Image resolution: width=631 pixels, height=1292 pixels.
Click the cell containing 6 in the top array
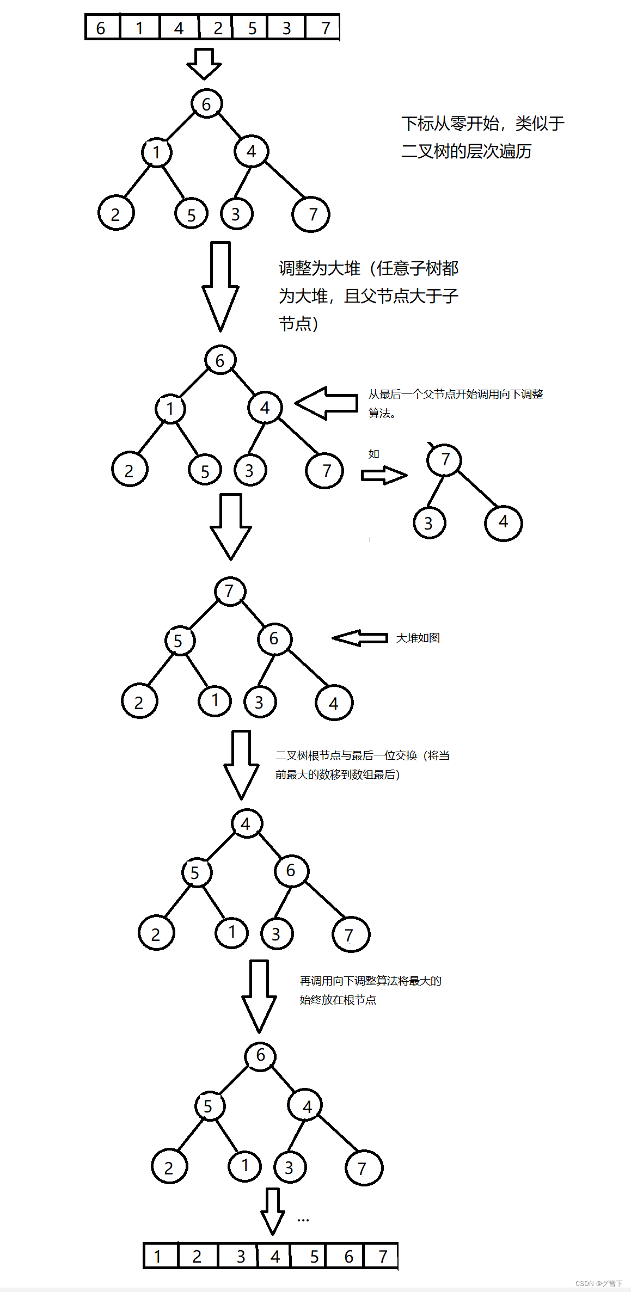click(102, 28)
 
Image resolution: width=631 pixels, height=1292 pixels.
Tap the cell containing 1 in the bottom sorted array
click(160, 1256)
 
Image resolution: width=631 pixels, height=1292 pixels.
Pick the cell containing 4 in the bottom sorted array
click(275, 1256)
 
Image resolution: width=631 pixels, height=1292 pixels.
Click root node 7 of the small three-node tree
click(445, 460)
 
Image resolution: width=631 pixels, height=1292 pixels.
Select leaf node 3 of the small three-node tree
click(429, 523)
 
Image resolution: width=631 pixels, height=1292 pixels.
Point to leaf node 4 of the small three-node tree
click(503, 522)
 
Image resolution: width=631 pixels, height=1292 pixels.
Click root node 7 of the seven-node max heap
click(230, 592)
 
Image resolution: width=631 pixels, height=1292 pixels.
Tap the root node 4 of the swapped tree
click(246, 824)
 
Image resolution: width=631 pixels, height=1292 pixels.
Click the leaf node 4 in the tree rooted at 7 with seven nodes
click(334, 703)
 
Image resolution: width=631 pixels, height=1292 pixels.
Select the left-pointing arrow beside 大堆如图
click(359, 638)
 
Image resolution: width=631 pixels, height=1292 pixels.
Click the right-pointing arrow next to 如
click(384, 475)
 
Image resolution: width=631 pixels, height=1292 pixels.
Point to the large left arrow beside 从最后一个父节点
click(327, 403)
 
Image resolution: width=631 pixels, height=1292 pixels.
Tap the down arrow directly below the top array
click(204, 63)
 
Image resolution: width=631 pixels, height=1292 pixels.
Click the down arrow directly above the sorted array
click(272, 1210)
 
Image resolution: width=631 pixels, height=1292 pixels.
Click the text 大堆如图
click(418, 638)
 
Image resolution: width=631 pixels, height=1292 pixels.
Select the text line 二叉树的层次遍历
click(466, 151)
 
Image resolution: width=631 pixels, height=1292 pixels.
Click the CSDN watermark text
click(598, 1283)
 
